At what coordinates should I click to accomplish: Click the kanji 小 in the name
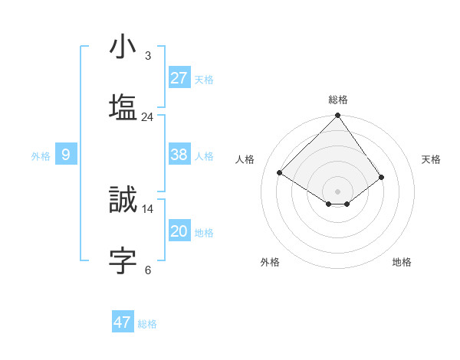pos(123,47)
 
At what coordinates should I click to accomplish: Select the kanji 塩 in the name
pos(123,107)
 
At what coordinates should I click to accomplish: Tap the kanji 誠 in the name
pos(123,200)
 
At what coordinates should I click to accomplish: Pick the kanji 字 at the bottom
pos(123,260)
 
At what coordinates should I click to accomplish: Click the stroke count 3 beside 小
pos(147,56)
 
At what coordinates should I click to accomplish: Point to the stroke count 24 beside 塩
pos(147,116)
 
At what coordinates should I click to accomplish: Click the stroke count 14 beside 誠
pos(147,208)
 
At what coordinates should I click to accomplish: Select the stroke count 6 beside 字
pos(147,270)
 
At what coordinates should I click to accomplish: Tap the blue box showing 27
pos(179,78)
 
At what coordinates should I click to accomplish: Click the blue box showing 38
pos(179,155)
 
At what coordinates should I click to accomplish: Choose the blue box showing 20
pos(179,231)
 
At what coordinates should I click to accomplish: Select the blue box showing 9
pos(66,155)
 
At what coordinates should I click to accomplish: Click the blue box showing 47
pos(123,322)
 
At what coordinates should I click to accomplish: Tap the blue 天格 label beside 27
pos(204,80)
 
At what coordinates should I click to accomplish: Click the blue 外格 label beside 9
pos(41,156)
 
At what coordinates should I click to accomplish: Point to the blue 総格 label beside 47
pos(147,324)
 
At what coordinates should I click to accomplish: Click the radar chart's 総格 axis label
pos(338,100)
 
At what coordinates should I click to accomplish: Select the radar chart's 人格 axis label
pos(245,159)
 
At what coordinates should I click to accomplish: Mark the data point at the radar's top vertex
pos(338,116)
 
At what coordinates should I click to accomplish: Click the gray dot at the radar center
pos(338,191)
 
